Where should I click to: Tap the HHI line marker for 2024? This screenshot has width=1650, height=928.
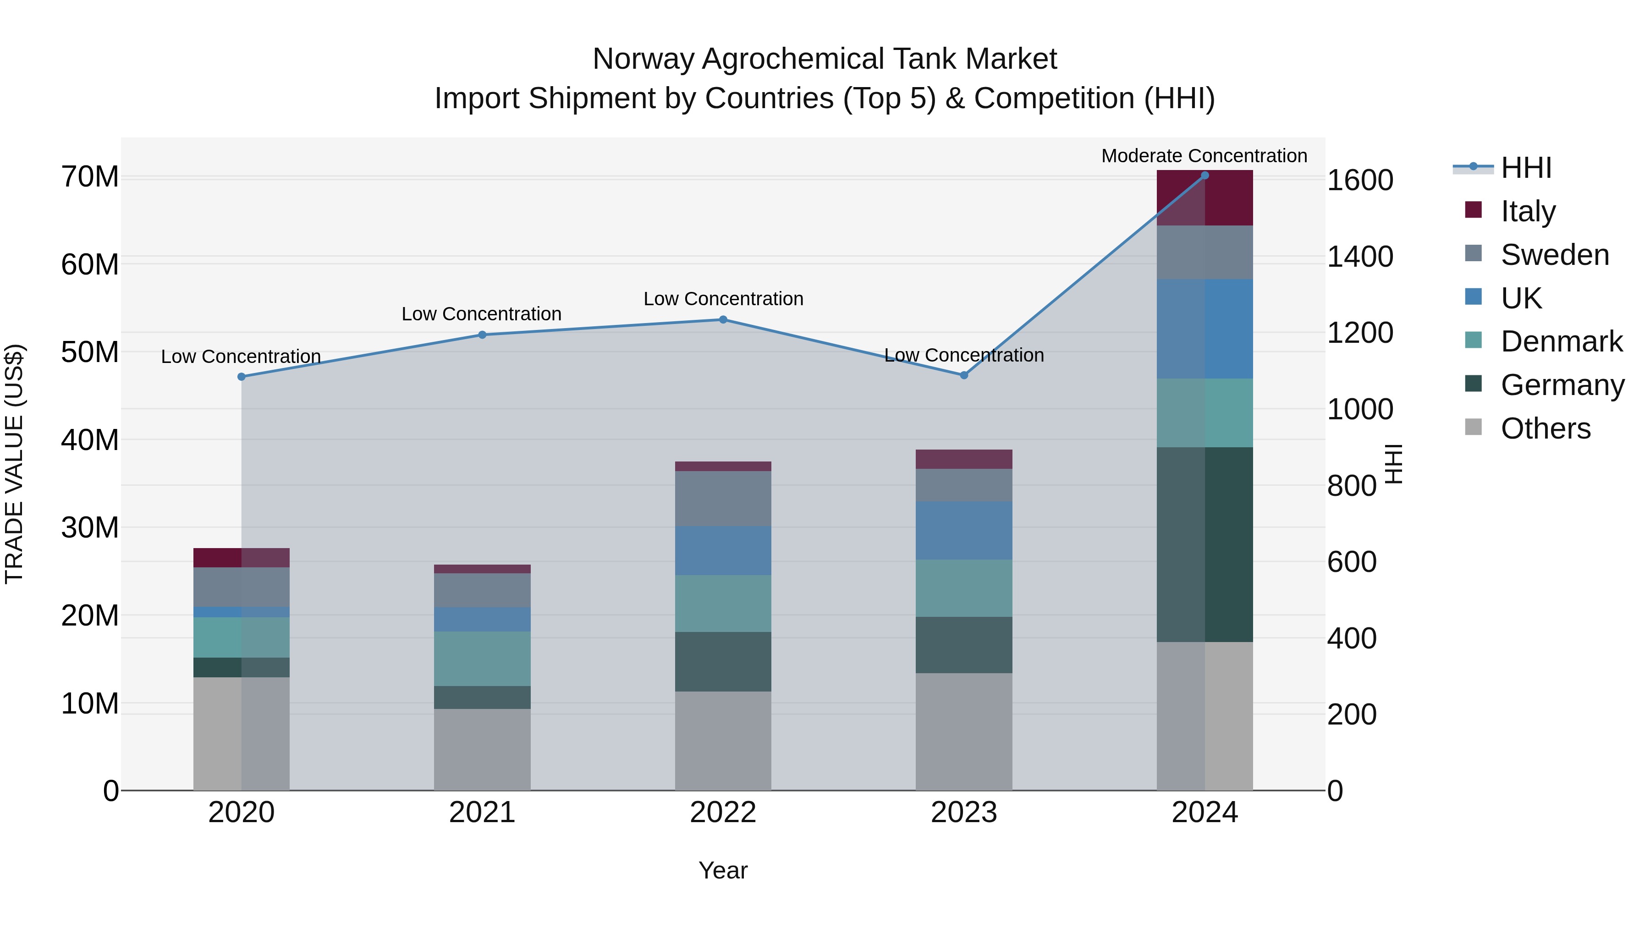pos(1204,176)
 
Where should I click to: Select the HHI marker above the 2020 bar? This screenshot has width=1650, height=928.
pos(242,377)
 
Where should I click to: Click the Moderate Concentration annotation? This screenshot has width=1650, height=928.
pos(1204,156)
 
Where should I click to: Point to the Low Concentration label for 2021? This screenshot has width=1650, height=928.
pos(481,314)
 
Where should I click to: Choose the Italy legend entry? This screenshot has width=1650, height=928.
pos(1528,211)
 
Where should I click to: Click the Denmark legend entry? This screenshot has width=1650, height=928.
pos(1561,341)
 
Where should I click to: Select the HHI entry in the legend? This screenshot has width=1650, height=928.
pos(1526,168)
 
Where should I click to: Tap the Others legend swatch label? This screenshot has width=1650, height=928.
pos(1545,428)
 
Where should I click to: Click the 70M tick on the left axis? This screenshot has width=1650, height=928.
pos(90,177)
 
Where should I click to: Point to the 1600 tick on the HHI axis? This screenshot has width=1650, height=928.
pos(1360,180)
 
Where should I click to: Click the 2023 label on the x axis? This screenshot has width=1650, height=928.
pos(963,812)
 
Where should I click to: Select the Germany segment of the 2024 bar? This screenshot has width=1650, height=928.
pos(1204,544)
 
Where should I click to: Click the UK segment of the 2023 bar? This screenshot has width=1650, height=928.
pos(963,530)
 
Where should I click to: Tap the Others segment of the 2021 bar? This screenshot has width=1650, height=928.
pos(482,749)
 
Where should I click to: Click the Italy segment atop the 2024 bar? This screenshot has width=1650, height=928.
pos(1204,198)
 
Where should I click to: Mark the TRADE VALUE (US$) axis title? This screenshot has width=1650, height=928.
pos(14,464)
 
